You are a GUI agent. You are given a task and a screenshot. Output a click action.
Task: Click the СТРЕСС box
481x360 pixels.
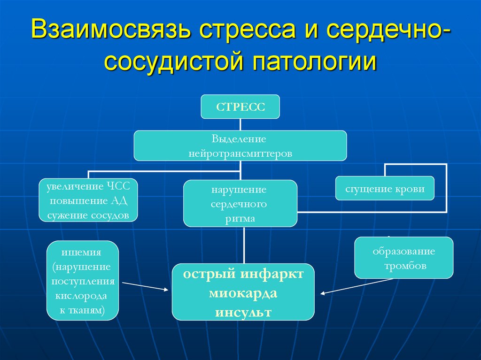[x=240, y=107]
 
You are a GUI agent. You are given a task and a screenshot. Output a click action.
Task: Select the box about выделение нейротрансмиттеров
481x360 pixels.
[x=240, y=146]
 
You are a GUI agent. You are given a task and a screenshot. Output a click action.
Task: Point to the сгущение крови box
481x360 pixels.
[x=385, y=189]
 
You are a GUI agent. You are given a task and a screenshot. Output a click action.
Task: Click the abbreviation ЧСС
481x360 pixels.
[x=123, y=186]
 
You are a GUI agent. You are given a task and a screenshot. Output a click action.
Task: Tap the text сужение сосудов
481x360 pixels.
[x=88, y=215]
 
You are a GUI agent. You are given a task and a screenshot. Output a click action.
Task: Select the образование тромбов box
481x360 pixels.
[x=403, y=258]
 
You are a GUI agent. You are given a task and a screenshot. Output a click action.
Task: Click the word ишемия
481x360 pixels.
[x=83, y=252]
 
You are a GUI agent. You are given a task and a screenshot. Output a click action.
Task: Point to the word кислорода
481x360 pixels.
[x=81, y=296]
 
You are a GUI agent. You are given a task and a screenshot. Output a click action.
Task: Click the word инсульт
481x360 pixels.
[x=243, y=312]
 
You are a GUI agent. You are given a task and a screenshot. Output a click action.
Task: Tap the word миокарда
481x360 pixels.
[x=243, y=293]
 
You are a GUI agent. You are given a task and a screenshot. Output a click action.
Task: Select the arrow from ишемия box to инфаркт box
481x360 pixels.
[x=145, y=286]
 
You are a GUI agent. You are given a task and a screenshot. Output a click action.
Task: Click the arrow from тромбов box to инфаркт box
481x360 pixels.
[x=357, y=287]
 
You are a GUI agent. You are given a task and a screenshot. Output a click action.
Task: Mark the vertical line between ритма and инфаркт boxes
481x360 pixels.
[x=244, y=245]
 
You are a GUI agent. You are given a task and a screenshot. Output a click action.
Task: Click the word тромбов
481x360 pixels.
[x=404, y=266]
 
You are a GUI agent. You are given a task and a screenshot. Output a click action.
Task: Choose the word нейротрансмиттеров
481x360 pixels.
[x=240, y=153]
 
